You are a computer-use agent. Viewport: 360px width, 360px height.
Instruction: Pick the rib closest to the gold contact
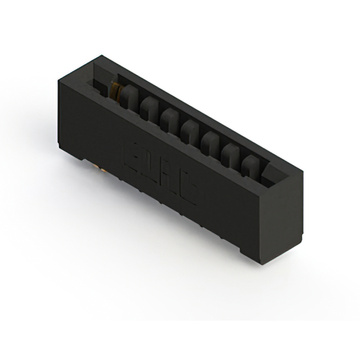tap(129, 97)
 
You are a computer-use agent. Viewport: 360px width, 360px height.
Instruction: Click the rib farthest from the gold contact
tap(251, 165)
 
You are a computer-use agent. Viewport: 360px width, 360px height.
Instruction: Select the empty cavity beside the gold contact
tap(101, 84)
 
